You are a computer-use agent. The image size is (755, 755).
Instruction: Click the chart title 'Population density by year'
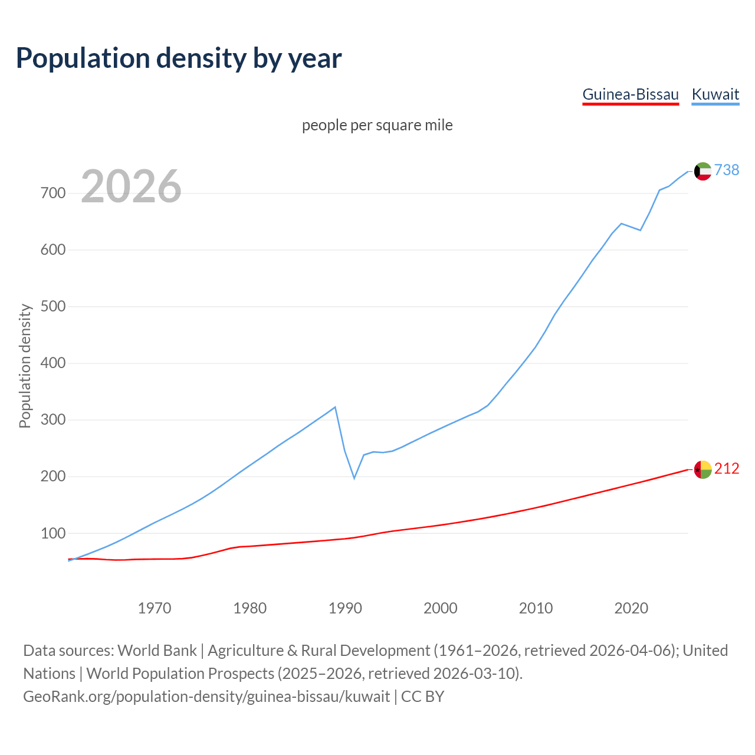179,58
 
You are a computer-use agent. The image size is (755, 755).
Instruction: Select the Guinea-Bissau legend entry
631,94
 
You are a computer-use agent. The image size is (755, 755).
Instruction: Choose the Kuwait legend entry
715,94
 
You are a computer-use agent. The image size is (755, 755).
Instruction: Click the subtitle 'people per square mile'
377,125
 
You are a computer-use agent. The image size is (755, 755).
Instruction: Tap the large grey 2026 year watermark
131,186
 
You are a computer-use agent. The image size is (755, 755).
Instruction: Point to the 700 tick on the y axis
53,193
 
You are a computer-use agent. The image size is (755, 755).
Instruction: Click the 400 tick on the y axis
53,363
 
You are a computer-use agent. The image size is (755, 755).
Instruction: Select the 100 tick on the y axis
53,533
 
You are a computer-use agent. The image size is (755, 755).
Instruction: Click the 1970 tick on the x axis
155,608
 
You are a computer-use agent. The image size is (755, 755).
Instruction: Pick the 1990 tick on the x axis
345,608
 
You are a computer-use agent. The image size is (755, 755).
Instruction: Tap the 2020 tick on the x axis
631,608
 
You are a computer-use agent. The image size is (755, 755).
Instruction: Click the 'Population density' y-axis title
25,366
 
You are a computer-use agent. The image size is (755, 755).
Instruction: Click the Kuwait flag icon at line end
703,171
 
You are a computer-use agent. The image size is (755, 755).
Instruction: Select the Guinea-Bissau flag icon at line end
703,470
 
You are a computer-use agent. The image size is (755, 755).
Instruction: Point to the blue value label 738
727,170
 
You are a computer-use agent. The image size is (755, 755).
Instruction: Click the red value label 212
727,469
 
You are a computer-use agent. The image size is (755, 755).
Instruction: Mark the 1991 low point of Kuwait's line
354,478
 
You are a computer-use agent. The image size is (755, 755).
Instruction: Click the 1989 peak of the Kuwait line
335,407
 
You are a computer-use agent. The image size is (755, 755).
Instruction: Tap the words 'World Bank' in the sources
157,651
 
